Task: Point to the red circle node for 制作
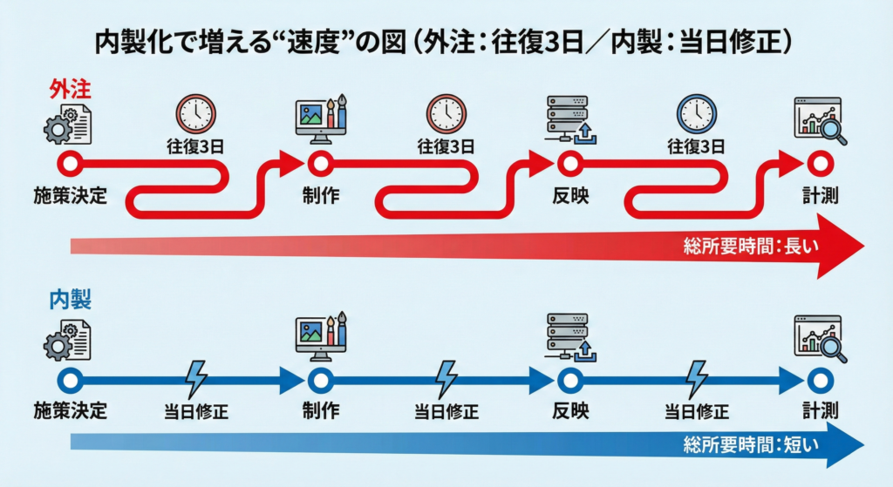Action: click(318, 162)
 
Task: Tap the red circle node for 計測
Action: click(818, 162)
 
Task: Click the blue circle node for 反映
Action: click(568, 380)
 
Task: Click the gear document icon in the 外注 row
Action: click(68, 123)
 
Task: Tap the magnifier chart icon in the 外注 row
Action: click(818, 119)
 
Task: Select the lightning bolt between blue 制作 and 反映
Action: click(446, 379)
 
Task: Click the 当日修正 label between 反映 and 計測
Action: click(696, 411)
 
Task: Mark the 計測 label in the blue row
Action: click(820, 409)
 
